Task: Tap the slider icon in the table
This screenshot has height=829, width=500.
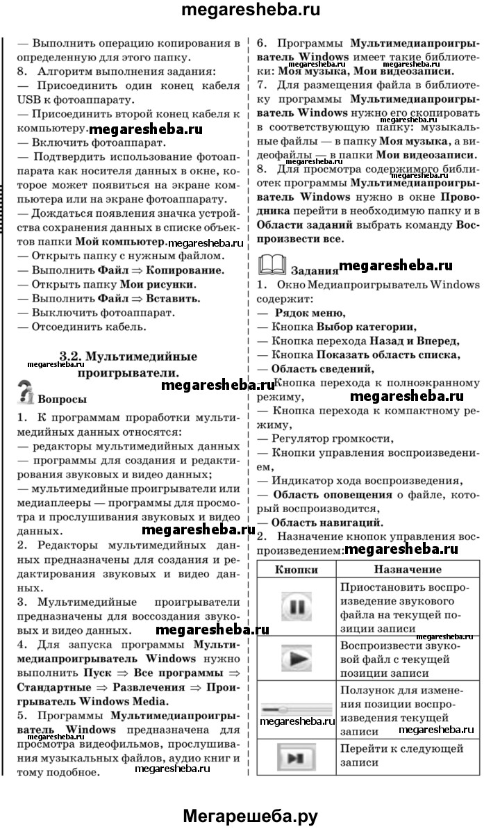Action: pos(297,708)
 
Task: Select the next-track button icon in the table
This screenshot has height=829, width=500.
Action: pos(297,756)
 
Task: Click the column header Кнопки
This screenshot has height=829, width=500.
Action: pos(297,569)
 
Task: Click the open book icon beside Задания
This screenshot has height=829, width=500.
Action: pos(271,265)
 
